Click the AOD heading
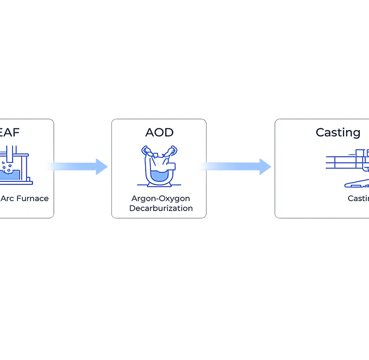159,132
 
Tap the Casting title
338,132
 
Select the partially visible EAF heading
10,132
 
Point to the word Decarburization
161,208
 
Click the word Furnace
33,198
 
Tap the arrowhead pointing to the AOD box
102,167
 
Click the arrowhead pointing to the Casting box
266,167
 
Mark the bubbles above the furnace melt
7,165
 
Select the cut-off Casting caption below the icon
358,198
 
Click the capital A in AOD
150,132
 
